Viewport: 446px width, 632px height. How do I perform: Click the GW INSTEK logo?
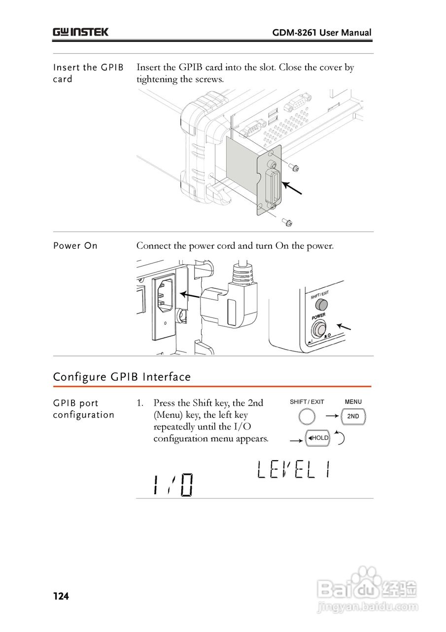(x=81, y=33)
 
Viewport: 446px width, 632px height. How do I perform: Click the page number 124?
(x=61, y=596)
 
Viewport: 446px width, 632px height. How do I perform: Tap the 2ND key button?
(x=353, y=417)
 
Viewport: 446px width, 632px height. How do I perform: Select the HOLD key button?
(x=318, y=438)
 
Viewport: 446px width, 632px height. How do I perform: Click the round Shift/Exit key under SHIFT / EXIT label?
(x=307, y=417)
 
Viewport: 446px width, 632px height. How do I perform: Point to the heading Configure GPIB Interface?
(x=122, y=377)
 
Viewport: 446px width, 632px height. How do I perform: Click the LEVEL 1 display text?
(x=293, y=471)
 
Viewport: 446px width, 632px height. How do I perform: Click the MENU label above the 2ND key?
(x=353, y=402)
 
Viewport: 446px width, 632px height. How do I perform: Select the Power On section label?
(x=75, y=246)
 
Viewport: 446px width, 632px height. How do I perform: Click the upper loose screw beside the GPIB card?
(x=294, y=168)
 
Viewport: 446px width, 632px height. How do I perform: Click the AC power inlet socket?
(x=164, y=298)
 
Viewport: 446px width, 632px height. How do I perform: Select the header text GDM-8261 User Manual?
(x=322, y=33)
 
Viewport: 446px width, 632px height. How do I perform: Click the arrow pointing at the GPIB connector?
(x=292, y=188)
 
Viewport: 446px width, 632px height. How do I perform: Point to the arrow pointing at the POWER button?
(x=344, y=326)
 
